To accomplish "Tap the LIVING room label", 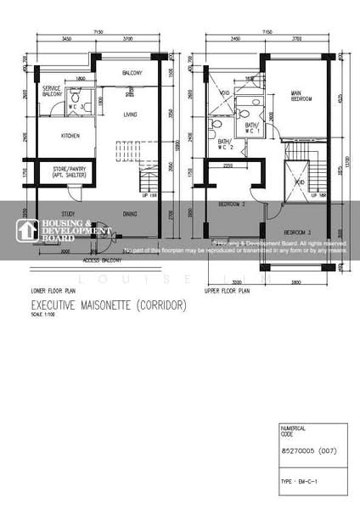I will [x=130, y=114].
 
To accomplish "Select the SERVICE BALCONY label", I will [x=53, y=91].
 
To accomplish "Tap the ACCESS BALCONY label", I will [x=100, y=260].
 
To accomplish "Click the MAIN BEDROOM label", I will [x=301, y=96].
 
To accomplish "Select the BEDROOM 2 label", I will [x=232, y=204].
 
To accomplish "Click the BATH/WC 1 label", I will [x=252, y=128].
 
